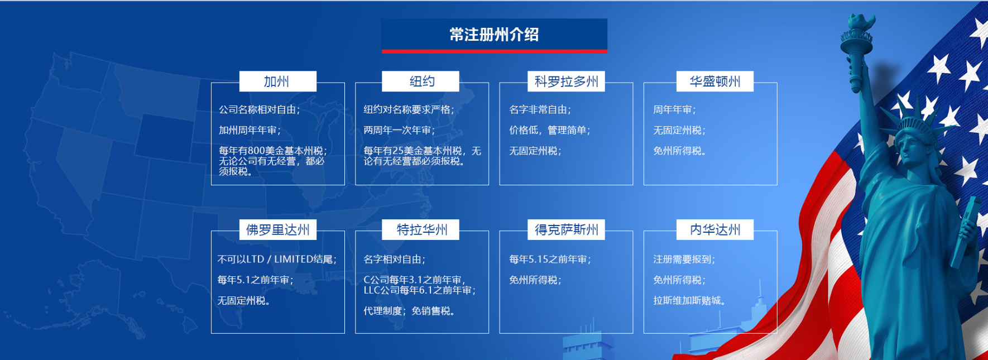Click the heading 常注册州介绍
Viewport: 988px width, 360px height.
coord(494,35)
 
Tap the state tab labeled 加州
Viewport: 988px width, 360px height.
coord(277,81)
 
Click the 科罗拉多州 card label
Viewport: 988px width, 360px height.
coord(566,81)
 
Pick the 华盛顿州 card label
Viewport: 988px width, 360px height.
coord(715,81)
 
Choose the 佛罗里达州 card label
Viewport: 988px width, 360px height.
coord(277,229)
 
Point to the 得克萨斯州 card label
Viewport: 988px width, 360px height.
coord(566,229)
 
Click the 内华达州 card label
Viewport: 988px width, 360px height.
coord(715,229)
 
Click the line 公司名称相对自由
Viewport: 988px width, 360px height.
coord(260,110)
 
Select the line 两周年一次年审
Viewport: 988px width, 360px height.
coord(399,131)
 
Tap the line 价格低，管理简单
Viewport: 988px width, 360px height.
coord(550,131)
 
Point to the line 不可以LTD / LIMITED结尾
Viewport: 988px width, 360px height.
coord(277,260)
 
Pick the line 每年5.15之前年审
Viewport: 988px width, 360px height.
coord(550,260)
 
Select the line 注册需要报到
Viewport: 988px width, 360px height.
coord(684,260)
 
